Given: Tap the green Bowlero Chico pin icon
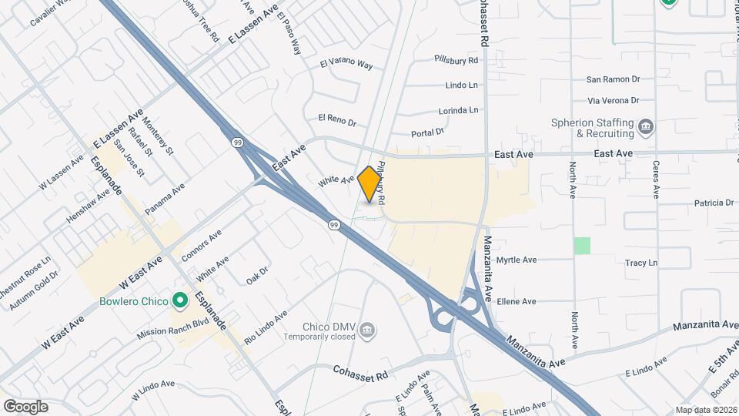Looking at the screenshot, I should pos(180,300).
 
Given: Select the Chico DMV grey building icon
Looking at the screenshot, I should pos(368,330).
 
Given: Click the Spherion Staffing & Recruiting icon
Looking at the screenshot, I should pos(646,126).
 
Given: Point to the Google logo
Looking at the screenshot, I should pos(25,406).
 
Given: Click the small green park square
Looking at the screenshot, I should pos(583,246).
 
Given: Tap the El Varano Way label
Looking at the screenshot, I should pos(346,65).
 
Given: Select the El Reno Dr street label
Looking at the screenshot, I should pos(337,120).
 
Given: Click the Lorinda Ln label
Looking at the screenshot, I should pos(458,111).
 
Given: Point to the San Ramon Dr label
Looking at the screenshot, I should pos(614,79).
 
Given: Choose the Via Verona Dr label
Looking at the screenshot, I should pos(614,100).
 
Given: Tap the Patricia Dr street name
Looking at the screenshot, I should pos(714,203).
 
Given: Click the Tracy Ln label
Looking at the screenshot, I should pos(641,263).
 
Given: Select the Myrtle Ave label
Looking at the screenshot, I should pos(516,260).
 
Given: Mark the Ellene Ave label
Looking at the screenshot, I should pos(516,301).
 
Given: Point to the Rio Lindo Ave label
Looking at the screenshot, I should pos(265,327).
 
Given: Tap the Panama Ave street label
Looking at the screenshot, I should pos(165,198).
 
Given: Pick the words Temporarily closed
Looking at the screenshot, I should pos(319,337).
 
